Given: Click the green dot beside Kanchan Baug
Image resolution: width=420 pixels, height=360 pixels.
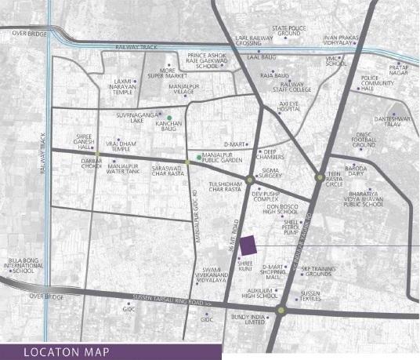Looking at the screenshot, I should [168, 118].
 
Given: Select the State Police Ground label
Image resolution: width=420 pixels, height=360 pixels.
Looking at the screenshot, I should [287, 32].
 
